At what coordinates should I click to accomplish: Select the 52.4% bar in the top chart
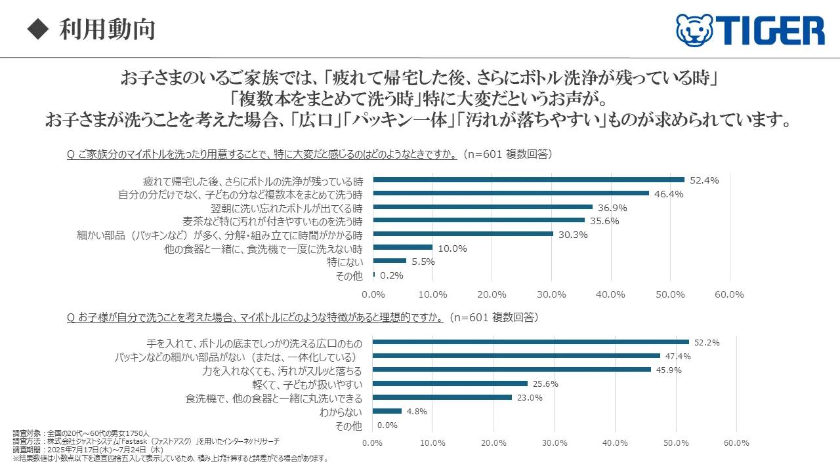(528, 180)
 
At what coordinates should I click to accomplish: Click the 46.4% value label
(669, 194)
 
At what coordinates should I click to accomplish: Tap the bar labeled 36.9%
(482, 207)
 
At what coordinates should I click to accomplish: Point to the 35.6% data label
(604, 221)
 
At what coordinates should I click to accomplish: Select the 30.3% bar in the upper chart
(463, 234)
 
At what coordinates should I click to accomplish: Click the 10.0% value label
(452, 248)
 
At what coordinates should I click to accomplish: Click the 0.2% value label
(392, 276)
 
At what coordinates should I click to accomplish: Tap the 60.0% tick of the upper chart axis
(729, 295)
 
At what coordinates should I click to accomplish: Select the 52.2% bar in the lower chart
(530, 342)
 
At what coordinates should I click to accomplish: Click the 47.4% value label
(678, 356)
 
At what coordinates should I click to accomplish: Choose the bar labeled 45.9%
(511, 370)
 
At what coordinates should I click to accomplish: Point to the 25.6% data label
(545, 384)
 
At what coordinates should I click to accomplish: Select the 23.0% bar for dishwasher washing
(442, 397)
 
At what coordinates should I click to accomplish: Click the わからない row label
(341, 412)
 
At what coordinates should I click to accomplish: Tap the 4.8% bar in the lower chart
(387, 411)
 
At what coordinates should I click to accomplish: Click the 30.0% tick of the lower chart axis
(555, 443)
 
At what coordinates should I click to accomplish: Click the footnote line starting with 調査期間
(88, 450)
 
